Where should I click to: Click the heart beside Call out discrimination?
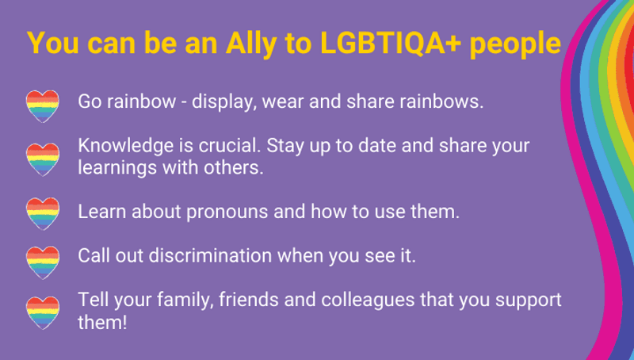pyautogui.click(x=42, y=259)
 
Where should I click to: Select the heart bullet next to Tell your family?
pyautogui.click(x=42, y=311)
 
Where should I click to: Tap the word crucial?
pyautogui.click(x=230, y=147)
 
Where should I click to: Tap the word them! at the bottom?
pyautogui.click(x=102, y=323)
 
